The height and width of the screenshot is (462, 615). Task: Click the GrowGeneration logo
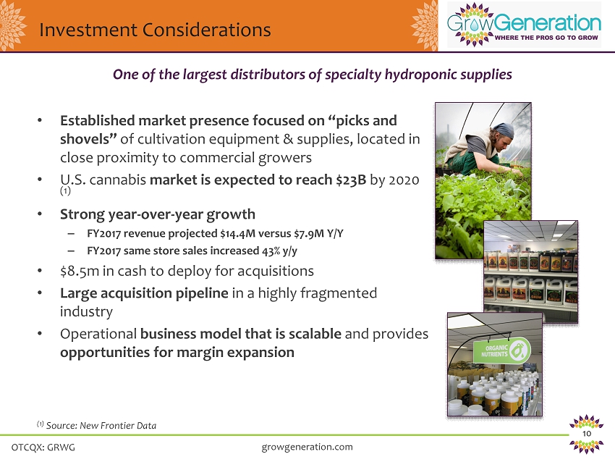click(x=524, y=25)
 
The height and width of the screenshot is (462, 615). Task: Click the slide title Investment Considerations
click(x=155, y=30)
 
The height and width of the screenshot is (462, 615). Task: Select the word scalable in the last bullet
click(x=315, y=334)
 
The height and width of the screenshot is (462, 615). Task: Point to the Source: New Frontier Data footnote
click(x=96, y=426)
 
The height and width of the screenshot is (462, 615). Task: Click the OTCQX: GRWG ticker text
click(x=43, y=447)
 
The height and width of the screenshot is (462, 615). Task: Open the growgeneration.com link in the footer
click(x=307, y=447)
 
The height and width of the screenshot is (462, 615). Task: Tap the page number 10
click(x=587, y=434)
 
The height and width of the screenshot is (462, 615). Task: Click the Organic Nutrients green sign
click(x=502, y=350)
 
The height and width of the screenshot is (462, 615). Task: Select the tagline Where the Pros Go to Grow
click(x=546, y=38)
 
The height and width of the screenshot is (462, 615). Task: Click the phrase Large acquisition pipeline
click(x=144, y=293)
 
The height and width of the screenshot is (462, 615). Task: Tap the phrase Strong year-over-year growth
click(x=158, y=215)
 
